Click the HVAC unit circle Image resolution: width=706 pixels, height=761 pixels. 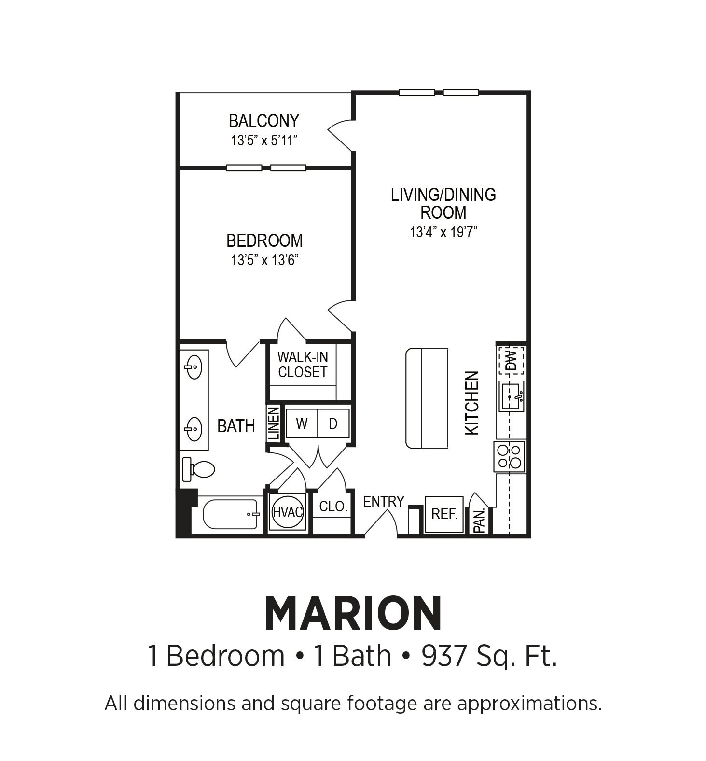pyautogui.click(x=288, y=512)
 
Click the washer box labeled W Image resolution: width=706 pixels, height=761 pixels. pyautogui.click(x=302, y=423)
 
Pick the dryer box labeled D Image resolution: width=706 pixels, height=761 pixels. pyautogui.click(x=333, y=423)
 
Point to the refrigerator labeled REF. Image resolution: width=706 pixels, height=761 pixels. pyautogui.click(x=444, y=514)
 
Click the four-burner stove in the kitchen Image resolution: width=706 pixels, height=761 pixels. pyautogui.click(x=510, y=456)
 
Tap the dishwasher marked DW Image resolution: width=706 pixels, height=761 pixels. pyautogui.click(x=511, y=360)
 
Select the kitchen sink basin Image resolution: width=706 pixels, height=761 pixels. pyautogui.click(x=511, y=396)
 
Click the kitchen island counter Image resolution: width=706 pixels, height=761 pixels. pyautogui.click(x=427, y=398)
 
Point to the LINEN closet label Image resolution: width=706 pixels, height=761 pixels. pyautogui.click(x=274, y=423)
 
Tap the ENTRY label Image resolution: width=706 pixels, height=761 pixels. pyautogui.click(x=384, y=502)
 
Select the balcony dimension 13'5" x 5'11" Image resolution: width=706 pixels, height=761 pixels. pyautogui.click(x=264, y=141)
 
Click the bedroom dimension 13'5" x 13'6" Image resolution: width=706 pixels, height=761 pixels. pyautogui.click(x=264, y=261)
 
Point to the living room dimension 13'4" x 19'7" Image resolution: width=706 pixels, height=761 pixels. pyautogui.click(x=443, y=232)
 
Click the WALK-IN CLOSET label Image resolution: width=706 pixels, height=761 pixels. pyautogui.click(x=303, y=365)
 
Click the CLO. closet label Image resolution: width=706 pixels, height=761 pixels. pyautogui.click(x=333, y=507)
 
